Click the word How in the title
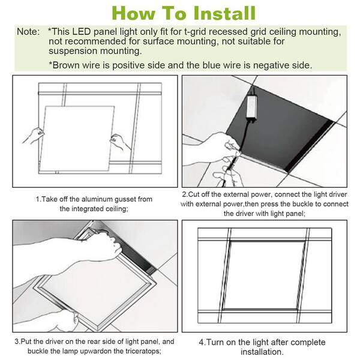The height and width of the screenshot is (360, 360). pyautogui.click(x=134, y=13)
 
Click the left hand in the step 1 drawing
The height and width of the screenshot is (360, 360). pyautogui.click(x=31, y=135)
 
